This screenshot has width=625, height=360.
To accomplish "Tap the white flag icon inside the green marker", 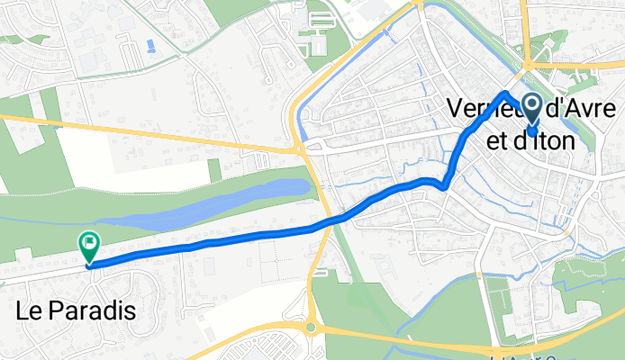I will coord(89,241).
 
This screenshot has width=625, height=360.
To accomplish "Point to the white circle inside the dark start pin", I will coord(531,106).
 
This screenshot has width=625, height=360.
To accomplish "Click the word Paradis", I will coord(94,312).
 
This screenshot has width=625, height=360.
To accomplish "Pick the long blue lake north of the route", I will coord(216,203).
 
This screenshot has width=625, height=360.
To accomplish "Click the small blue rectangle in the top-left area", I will coord(149,45).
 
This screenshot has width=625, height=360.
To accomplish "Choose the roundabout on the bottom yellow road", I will coord(312,328).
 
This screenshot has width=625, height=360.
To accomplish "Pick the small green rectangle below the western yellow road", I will coord(213,170).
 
